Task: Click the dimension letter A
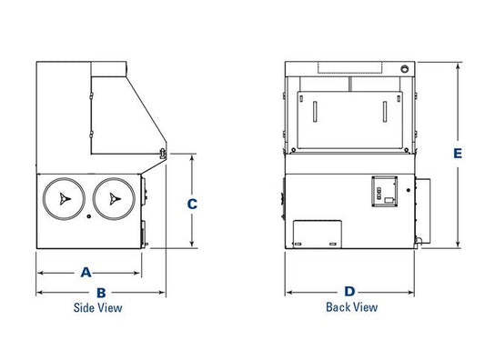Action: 86,272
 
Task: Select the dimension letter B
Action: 101,293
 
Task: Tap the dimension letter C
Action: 192,204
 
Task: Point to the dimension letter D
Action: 349,292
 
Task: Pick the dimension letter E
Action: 458,154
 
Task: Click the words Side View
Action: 97,308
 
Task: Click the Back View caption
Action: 351,307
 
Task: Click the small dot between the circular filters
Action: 89,216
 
